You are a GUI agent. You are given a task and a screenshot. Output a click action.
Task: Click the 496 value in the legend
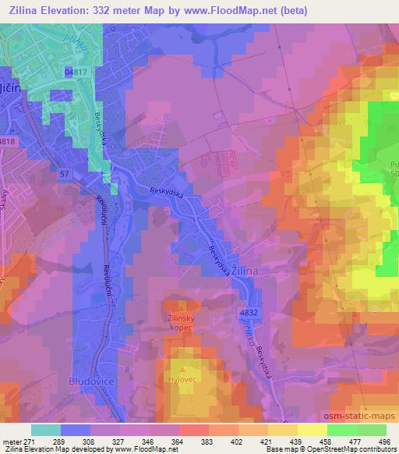pos(385,442)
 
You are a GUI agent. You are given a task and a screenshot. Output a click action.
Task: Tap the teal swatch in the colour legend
pos(46,430)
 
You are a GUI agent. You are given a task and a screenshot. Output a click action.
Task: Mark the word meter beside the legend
pos(12,442)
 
